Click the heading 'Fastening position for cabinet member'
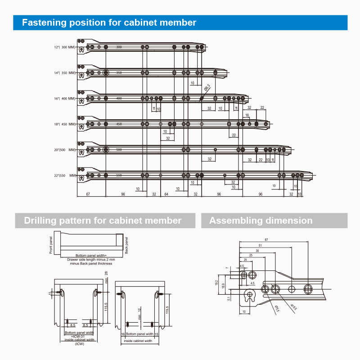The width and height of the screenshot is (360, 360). point(109,22)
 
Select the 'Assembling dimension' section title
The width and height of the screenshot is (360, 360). point(261,220)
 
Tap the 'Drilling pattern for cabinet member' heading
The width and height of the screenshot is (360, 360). point(103,220)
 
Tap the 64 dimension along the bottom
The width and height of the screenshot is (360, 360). point(166,194)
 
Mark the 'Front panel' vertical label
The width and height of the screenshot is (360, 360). point(51,245)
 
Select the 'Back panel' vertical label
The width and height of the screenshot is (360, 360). point(126,245)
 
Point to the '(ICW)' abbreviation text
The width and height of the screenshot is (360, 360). point(80,343)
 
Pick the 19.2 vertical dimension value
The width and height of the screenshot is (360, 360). point(216,283)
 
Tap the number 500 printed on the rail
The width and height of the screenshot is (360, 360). point(119,149)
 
